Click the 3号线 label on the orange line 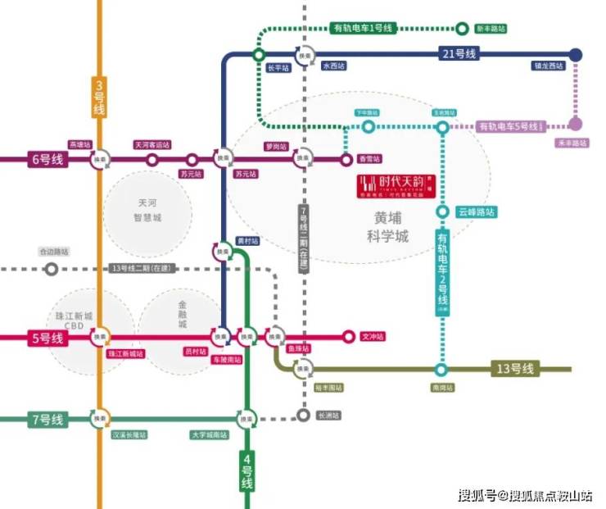tap(99, 97)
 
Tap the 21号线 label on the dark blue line tap(459, 54)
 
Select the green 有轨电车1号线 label tap(363, 29)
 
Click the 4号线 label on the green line tap(247, 470)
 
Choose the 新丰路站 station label tap(491, 29)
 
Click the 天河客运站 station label tap(152, 145)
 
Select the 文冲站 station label tap(373, 337)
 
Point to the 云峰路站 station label tap(477, 212)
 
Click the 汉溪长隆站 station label tap(130, 434)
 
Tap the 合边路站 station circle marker tap(52, 268)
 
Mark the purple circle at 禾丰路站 tap(576, 125)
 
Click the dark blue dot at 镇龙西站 tap(576, 54)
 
